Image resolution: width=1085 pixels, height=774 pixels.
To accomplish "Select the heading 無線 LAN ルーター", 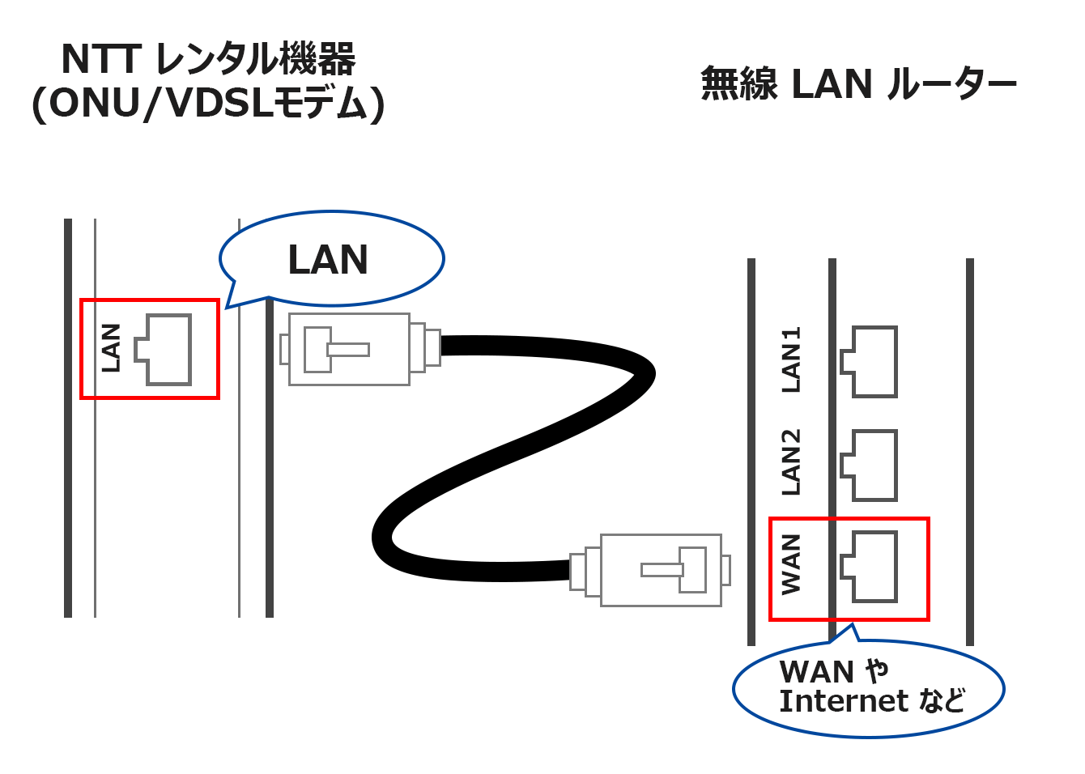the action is coord(858,83).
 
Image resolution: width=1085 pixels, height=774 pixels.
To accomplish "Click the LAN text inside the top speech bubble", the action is coord(328,260).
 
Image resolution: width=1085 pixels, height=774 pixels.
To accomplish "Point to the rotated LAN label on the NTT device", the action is coord(111,348).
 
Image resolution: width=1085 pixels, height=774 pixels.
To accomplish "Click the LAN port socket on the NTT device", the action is coord(164,349).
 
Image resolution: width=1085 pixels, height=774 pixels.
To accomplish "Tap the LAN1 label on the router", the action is coord(791,359).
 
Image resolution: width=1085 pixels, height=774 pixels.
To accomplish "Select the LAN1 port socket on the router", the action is coord(869,362).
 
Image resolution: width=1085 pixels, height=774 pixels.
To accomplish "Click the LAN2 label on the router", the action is coord(791,462).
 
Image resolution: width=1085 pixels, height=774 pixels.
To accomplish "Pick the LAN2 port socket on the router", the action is coord(869,466).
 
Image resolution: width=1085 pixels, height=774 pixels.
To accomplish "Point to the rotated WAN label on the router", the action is coord(791,564).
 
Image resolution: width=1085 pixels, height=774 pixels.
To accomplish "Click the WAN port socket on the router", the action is coord(869,567).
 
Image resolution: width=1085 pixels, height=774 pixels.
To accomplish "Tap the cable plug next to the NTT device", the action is coord(360,349).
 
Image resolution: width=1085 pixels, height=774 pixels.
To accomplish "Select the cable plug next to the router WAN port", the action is coord(650,570).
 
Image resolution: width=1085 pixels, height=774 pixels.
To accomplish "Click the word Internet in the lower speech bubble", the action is coord(844,701).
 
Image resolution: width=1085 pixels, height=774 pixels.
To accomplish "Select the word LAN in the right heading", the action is coord(832,83).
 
